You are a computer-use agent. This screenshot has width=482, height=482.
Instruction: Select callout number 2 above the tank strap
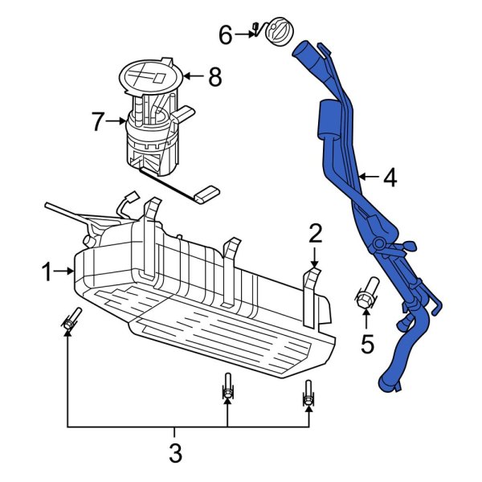point(315,233)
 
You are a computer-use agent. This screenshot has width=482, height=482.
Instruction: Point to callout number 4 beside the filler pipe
point(390,178)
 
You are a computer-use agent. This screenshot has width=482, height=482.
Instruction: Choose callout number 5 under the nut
point(367,344)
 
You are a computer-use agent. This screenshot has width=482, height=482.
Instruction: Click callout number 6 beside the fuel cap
point(226,35)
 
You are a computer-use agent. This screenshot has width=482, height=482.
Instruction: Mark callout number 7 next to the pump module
point(98,122)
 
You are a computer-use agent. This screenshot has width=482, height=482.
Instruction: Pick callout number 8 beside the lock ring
point(213,77)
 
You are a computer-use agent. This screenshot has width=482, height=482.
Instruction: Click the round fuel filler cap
point(276,31)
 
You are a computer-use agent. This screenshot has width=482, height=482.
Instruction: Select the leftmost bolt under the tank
point(69,320)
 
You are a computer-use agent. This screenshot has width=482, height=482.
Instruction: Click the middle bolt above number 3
point(227,389)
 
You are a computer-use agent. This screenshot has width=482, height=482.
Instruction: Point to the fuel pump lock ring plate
point(151,76)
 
